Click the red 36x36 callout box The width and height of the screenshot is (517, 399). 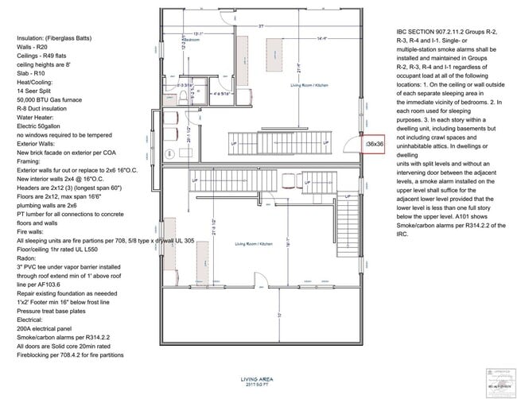375,144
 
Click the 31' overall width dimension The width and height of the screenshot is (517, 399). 259,27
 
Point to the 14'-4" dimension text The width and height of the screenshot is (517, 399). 299,37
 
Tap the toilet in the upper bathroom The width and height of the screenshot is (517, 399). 183,97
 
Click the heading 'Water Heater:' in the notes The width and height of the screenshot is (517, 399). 37,113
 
